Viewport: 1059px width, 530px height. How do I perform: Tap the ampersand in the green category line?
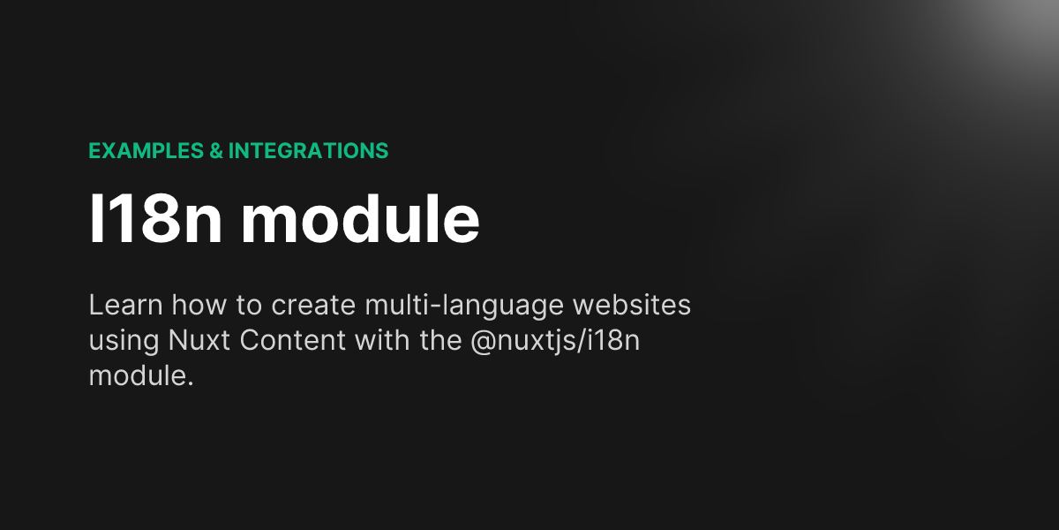point(215,151)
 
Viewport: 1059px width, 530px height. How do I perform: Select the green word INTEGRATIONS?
point(308,151)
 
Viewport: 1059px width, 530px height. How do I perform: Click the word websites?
point(633,307)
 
